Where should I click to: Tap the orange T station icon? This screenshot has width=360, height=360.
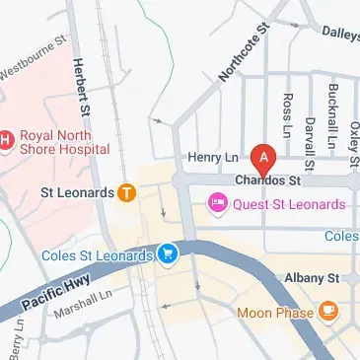point(126,193)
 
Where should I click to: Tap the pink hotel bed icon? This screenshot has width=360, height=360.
point(216,204)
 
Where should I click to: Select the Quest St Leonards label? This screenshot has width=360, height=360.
point(287,204)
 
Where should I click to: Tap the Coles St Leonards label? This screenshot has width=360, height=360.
point(98,255)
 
